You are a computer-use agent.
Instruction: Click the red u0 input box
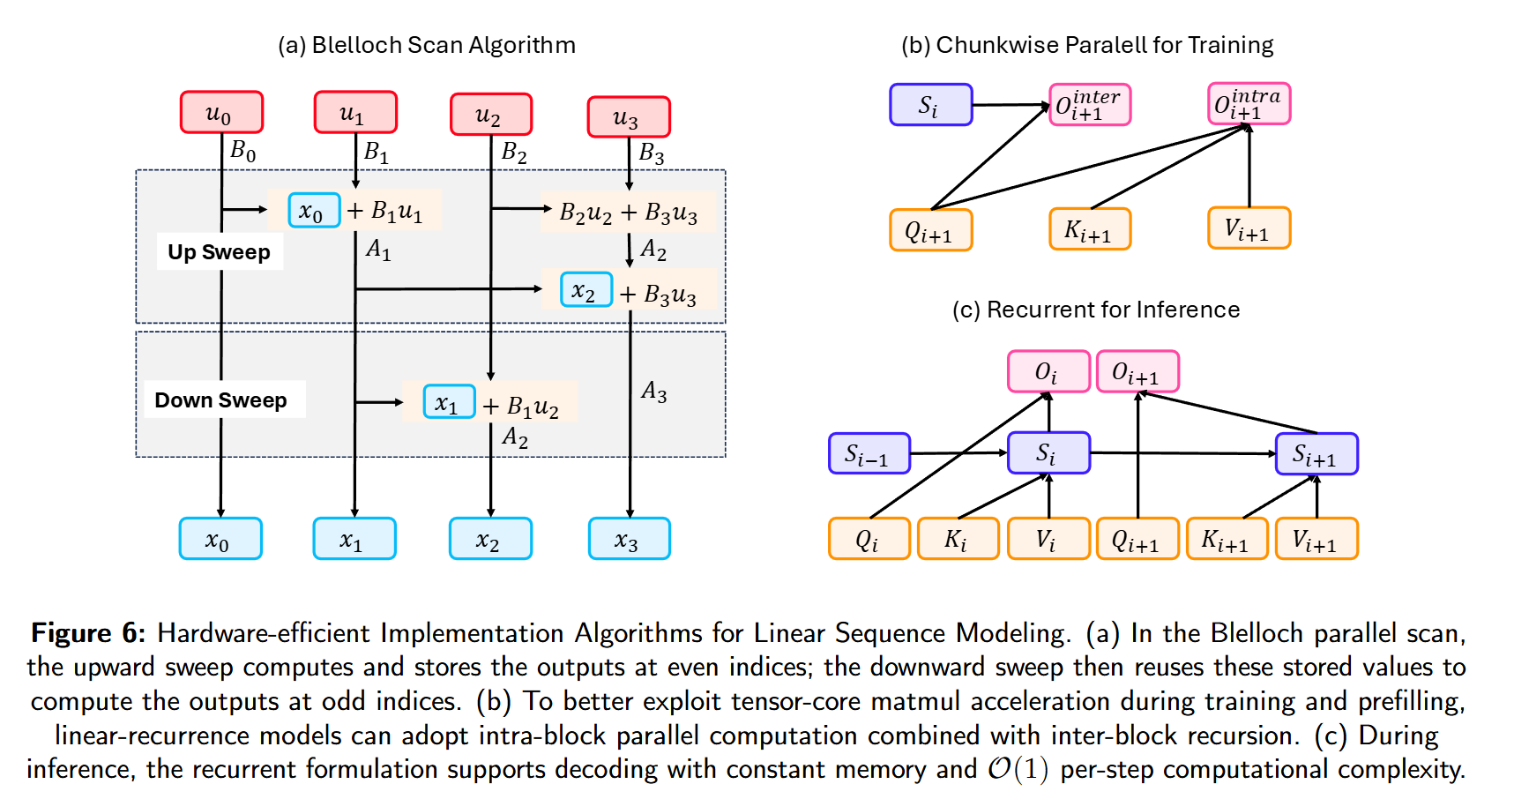pyautogui.click(x=221, y=113)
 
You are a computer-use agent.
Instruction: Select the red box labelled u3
pyautogui.click(x=629, y=117)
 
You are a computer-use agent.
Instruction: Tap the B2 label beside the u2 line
pyautogui.click(x=514, y=153)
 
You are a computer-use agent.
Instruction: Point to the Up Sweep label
pyautogui.click(x=219, y=252)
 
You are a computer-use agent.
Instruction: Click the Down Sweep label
pyautogui.click(x=221, y=400)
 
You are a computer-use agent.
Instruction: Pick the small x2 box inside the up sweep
pyautogui.click(x=585, y=290)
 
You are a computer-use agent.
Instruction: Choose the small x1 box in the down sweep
pyautogui.click(x=449, y=402)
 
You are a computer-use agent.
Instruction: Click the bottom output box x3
pyautogui.click(x=629, y=539)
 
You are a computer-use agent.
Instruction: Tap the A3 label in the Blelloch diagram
pyautogui.click(x=653, y=391)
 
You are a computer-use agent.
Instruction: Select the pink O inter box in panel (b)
pyautogui.click(x=1089, y=105)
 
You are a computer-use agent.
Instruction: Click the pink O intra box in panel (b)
pyautogui.click(x=1249, y=104)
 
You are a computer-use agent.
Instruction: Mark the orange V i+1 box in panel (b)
pyautogui.click(x=1249, y=229)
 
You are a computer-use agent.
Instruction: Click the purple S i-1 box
pyautogui.click(x=869, y=453)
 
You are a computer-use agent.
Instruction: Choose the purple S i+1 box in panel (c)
pyautogui.click(x=1316, y=454)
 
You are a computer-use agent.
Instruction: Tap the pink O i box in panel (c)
pyautogui.click(x=1048, y=371)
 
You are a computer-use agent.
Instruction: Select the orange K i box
pyautogui.click(x=958, y=539)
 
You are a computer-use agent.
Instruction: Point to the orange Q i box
pyautogui.click(x=869, y=539)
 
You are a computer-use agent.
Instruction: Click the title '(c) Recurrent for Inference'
pyautogui.click(x=1095, y=310)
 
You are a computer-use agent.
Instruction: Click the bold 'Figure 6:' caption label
pyautogui.click(x=88, y=633)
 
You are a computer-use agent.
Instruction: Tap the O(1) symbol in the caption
pyautogui.click(x=1018, y=769)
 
